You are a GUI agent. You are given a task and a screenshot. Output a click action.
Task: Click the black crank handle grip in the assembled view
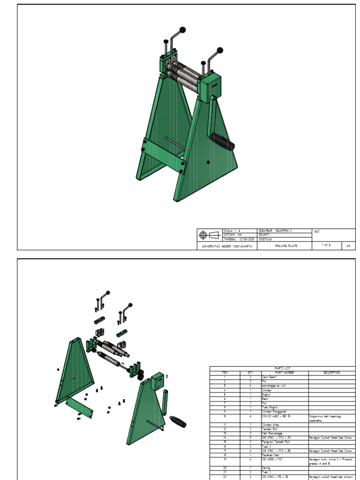(222, 142)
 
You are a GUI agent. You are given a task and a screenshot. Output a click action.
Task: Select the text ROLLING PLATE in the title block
(285, 245)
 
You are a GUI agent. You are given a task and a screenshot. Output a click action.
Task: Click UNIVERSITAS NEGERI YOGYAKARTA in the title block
(227, 246)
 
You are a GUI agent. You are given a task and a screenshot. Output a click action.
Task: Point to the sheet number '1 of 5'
(326, 245)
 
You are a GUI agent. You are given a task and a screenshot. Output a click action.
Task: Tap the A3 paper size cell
(348, 245)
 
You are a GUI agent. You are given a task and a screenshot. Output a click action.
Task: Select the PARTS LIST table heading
(282, 368)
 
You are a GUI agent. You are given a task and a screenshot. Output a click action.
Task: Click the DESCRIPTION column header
(331, 373)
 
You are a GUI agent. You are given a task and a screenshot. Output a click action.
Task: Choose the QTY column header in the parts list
(250, 373)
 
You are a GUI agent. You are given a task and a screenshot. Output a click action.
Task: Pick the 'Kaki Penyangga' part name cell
(272, 434)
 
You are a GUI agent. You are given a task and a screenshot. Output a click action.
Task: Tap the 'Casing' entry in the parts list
(266, 468)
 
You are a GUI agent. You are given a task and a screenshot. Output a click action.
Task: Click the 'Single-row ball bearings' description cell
(324, 416)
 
